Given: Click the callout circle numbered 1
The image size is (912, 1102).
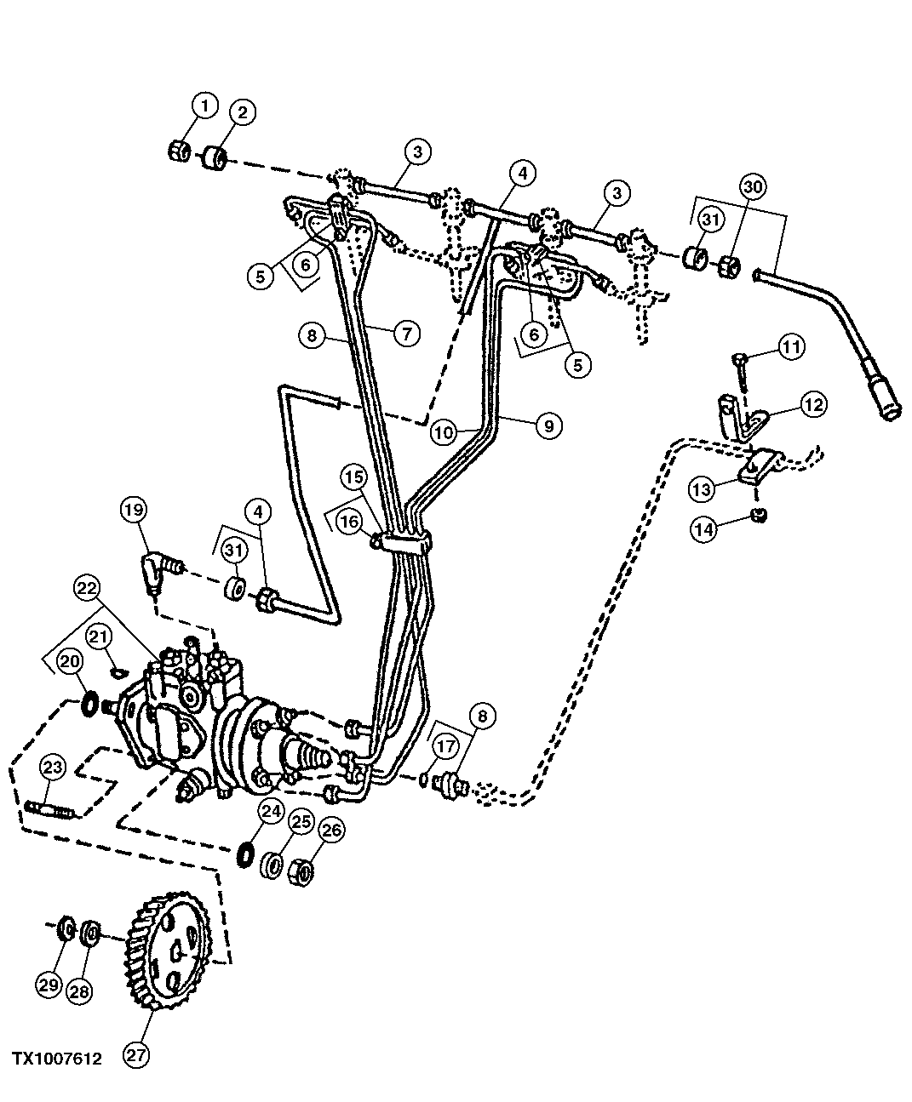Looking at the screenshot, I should [204, 106].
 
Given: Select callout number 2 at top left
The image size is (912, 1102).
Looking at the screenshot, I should [242, 112].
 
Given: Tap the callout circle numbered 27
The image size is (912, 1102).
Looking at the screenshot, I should [136, 1055].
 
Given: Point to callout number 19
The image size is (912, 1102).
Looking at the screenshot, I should [133, 511].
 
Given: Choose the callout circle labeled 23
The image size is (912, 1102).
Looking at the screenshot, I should [54, 768].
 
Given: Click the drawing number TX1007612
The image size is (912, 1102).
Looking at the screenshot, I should [56, 1059].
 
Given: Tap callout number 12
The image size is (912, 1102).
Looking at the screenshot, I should [813, 404].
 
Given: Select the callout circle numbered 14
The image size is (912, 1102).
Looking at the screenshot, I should [703, 528].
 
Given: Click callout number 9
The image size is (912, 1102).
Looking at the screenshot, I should [548, 425].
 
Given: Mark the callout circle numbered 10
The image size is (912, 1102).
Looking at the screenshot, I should [443, 431].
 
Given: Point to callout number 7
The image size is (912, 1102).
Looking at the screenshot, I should [406, 334].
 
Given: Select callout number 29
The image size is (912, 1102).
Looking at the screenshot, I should [49, 985].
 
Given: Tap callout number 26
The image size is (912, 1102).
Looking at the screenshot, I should [330, 830].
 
